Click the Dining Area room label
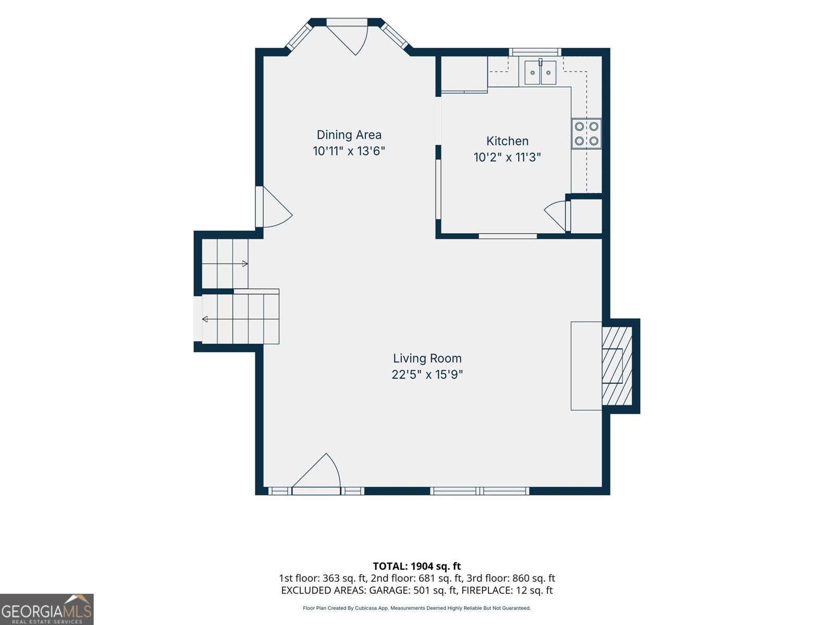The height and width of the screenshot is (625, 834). point(349,135)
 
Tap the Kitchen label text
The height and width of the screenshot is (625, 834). point(507,141)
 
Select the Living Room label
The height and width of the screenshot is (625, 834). point(427,358)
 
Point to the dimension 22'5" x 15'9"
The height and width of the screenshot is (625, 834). point(427,374)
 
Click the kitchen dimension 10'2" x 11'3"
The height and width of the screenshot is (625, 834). point(507,157)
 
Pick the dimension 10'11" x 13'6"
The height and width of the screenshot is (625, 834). point(349,151)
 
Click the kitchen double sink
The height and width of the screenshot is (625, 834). point(541,72)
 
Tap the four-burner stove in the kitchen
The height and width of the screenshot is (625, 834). point(586,133)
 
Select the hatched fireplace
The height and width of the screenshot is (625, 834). point(617,366)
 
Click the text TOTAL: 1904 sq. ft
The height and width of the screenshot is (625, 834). point(417,566)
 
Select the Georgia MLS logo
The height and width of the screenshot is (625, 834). point(47,609)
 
